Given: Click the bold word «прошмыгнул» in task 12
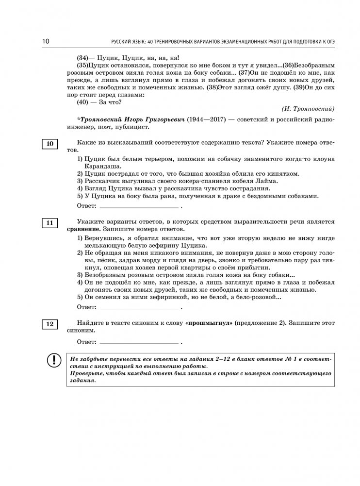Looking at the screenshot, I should (x=209, y=323).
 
